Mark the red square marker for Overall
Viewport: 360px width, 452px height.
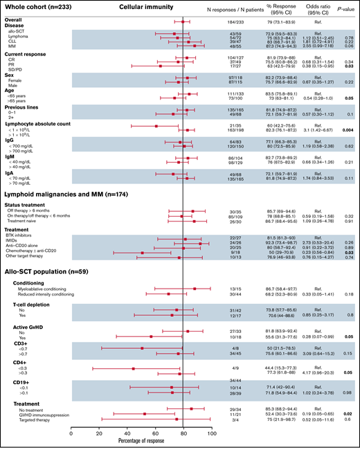(x=182, y=22)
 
